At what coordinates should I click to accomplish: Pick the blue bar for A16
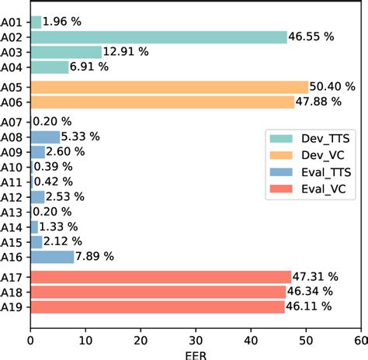point(52,257)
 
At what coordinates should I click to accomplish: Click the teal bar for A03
point(66,52)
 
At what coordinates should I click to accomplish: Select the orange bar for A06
point(161,101)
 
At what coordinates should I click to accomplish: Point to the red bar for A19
point(157,306)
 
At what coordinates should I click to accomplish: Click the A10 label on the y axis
point(15,168)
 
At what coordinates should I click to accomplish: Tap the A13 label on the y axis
point(15,212)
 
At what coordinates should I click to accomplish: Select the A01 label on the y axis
point(15,22)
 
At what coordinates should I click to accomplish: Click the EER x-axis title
point(195,354)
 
